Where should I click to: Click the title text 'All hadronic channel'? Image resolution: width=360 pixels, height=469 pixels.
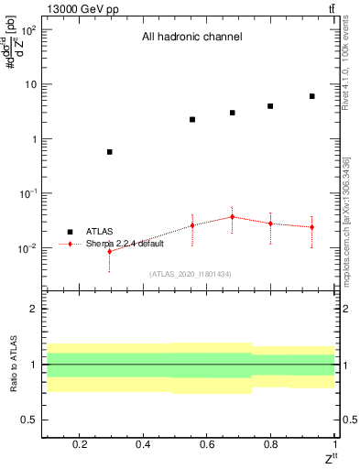(191, 38)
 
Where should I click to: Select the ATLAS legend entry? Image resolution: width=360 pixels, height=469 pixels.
(99, 233)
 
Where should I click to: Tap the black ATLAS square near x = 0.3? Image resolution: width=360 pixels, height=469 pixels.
(110, 152)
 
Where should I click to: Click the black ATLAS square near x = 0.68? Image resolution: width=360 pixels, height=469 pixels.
(233, 113)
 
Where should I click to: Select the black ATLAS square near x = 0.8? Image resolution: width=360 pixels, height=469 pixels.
(270, 106)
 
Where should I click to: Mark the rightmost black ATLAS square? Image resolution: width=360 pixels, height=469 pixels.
(312, 96)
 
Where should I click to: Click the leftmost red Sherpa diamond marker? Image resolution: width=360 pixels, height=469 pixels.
(110, 251)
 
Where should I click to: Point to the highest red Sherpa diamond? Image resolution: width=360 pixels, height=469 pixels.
(233, 217)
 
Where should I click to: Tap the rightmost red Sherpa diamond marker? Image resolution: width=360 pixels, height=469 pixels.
(312, 227)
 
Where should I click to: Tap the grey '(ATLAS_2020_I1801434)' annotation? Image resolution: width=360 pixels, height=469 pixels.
(191, 274)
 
